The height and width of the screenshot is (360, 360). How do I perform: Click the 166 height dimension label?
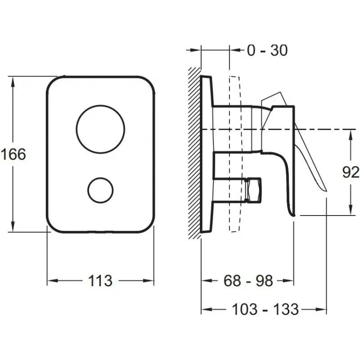point(13,154)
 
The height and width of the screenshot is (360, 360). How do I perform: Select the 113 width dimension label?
point(100,280)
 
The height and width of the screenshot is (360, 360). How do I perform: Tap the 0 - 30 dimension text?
point(267,50)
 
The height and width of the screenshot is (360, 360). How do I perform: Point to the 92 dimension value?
point(351,172)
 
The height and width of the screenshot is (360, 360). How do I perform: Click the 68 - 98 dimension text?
point(248,280)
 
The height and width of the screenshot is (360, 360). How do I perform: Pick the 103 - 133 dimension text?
point(265,309)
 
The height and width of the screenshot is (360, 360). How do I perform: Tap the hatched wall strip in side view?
point(194,153)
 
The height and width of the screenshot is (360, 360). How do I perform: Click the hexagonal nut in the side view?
point(253,190)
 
